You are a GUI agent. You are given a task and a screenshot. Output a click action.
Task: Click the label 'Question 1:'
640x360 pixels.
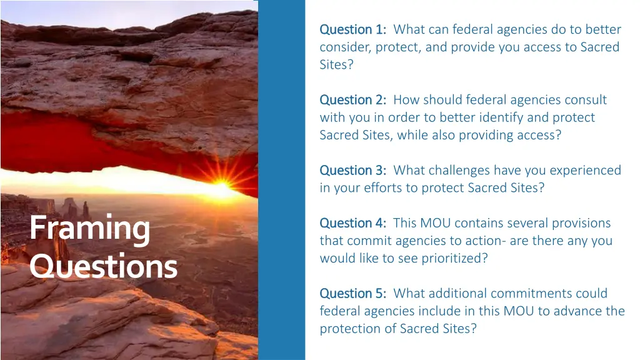(352, 29)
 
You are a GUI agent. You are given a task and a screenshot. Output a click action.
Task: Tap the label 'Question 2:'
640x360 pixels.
(352, 100)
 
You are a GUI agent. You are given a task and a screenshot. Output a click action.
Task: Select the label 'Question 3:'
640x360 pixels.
(352, 171)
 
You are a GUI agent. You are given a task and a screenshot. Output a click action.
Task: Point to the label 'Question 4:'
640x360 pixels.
(352, 223)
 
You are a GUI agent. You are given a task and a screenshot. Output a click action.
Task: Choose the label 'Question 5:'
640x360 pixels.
(352, 294)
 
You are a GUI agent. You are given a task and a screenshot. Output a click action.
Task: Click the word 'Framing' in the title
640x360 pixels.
(89, 229)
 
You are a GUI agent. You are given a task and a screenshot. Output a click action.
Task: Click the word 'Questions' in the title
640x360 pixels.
(103, 267)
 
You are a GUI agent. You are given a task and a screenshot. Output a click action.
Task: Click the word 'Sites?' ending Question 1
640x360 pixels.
(336, 64)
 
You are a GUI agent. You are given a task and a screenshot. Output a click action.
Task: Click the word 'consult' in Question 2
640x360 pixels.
(585, 100)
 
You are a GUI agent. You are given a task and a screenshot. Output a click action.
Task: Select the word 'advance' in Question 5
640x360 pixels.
(563, 311)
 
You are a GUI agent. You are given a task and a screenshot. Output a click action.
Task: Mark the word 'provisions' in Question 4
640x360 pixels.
(582, 223)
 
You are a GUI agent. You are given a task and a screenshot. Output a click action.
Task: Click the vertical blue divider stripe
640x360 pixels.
(281, 180)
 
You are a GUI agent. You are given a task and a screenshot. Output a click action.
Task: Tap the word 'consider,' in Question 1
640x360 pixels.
(344, 47)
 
